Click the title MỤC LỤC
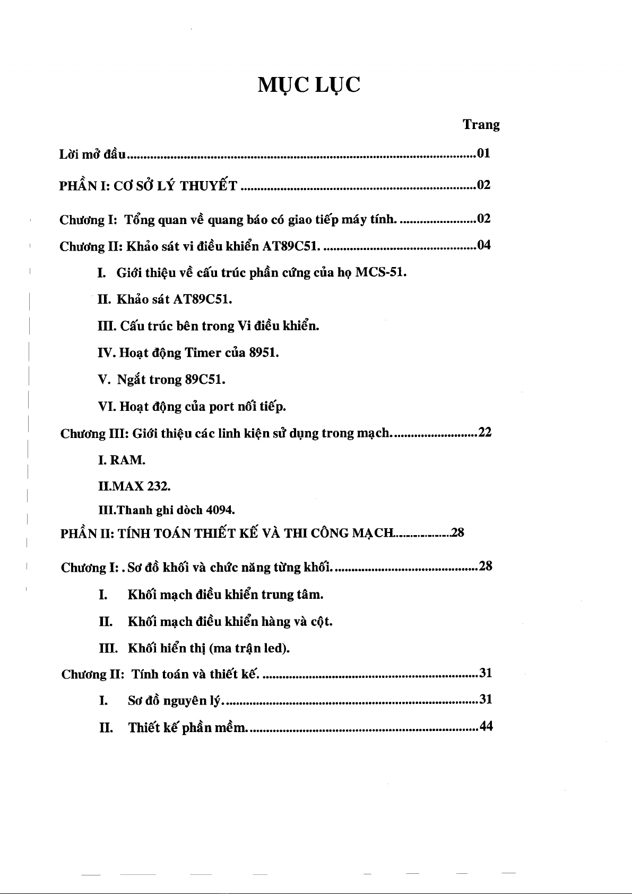coord(309,84)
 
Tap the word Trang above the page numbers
coord(481,125)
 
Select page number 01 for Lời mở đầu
coord(483,154)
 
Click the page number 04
coord(484,245)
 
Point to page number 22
coord(485,433)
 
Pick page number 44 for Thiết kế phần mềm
coord(486,726)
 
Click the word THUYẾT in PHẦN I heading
coord(209,186)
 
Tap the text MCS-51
coord(380,273)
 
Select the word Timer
coord(203,353)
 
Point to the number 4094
coord(220,511)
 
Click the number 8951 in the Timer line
coord(264,353)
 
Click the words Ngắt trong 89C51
coord(171,380)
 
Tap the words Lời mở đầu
coord(92,154)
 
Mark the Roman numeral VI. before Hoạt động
coord(107,407)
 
